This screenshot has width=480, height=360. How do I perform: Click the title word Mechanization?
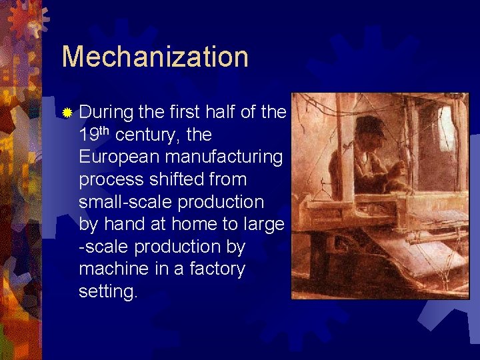pos(155,57)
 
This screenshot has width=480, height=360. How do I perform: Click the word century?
pos(147,135)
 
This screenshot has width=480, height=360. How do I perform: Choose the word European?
pos(120,157)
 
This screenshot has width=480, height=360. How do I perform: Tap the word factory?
pos(217,269)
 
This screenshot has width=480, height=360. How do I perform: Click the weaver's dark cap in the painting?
pos(370,127)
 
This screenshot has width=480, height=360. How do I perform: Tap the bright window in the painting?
pos(445,130)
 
